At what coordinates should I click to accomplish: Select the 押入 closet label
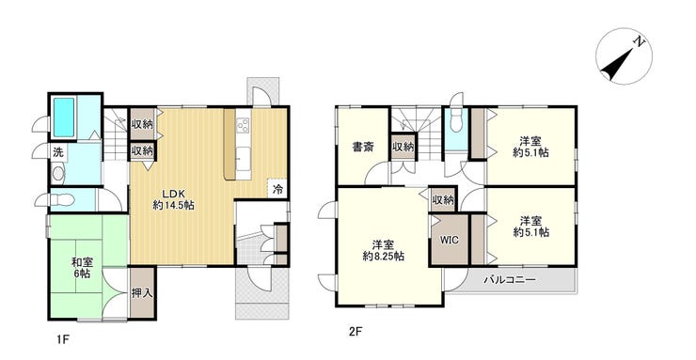point(142,293)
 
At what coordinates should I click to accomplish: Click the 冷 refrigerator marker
point(278,188)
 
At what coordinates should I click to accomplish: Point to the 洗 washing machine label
point(57,152)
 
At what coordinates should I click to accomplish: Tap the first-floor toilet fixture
point(57,174)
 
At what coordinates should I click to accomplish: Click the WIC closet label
point(449,240)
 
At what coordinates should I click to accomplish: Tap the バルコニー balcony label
point(510,281)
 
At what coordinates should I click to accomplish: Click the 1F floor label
point(61,336)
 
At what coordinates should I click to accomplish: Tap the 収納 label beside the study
point(403,148)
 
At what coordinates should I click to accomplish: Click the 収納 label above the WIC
point(443,199)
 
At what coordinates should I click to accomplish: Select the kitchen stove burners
point(244,126)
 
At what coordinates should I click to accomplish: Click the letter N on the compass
point(639,42)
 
